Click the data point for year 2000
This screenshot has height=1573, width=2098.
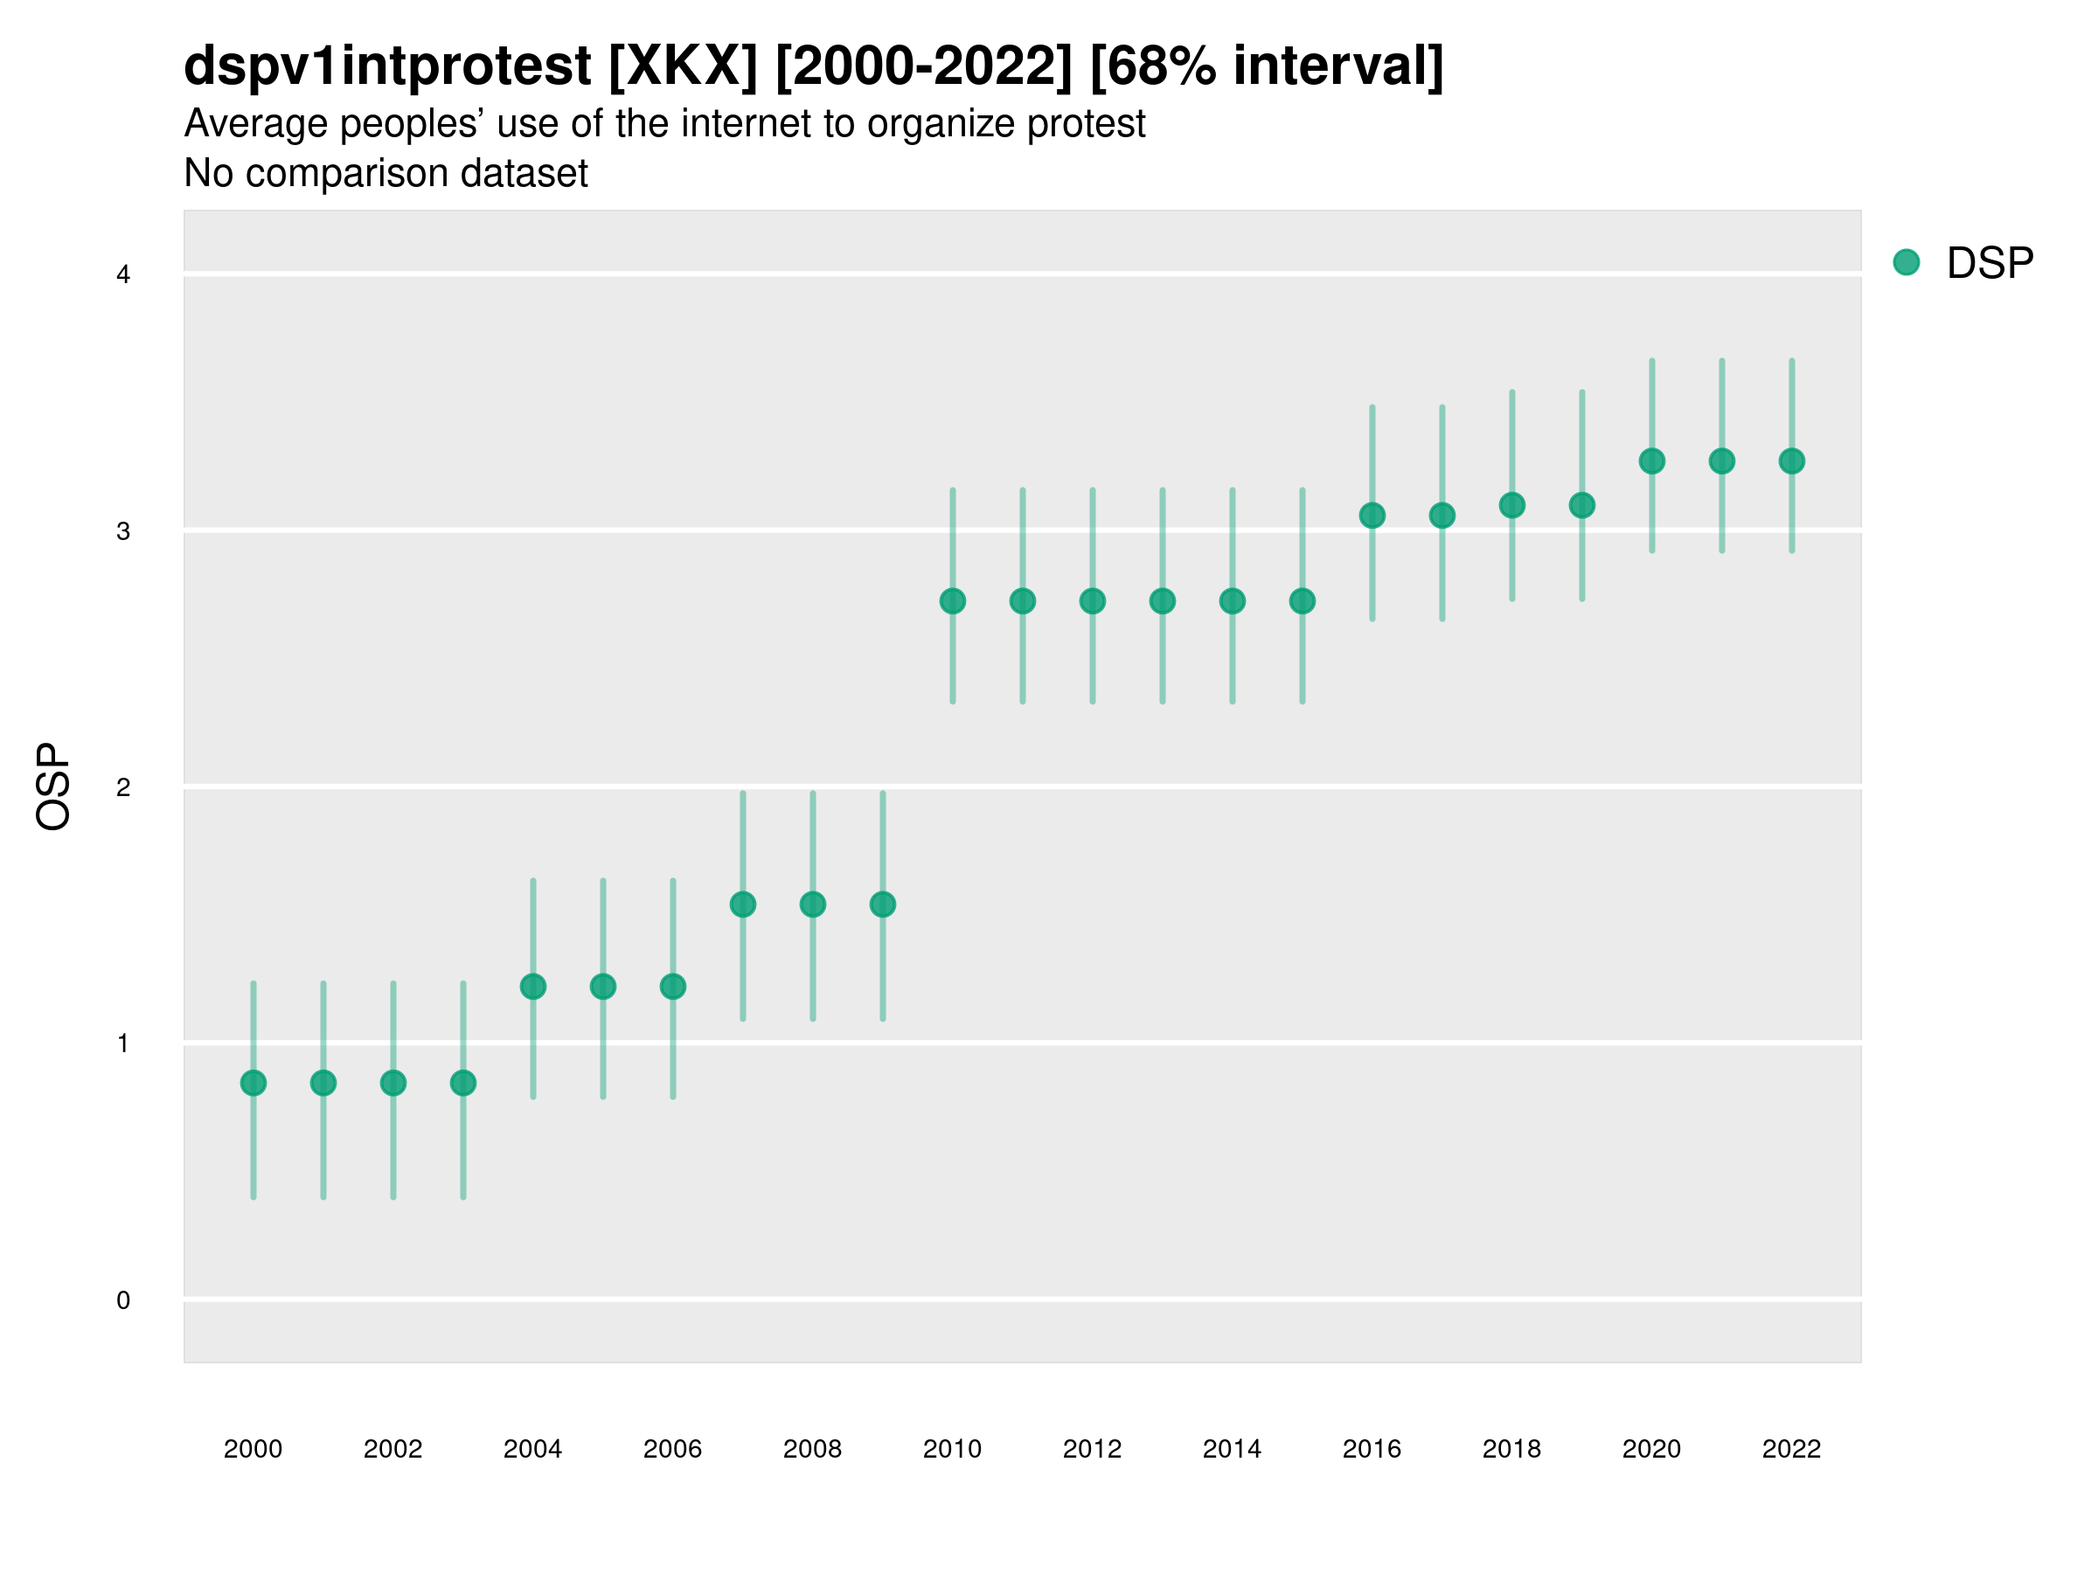(x=254, y=1083)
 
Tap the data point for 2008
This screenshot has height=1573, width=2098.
(x=813, y=904)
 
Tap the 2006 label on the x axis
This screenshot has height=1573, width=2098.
(x=672, y=1450)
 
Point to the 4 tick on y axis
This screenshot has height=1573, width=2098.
(x=123, y=275)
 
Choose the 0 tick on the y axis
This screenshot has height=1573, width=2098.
(x=123, y=1301)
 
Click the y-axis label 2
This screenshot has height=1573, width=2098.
(x=123, y=788)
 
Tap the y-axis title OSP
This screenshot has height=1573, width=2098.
(x=53, y=787)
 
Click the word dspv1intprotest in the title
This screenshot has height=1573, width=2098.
(x=387, y=66)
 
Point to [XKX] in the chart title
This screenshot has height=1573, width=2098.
(x=683, y=66)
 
